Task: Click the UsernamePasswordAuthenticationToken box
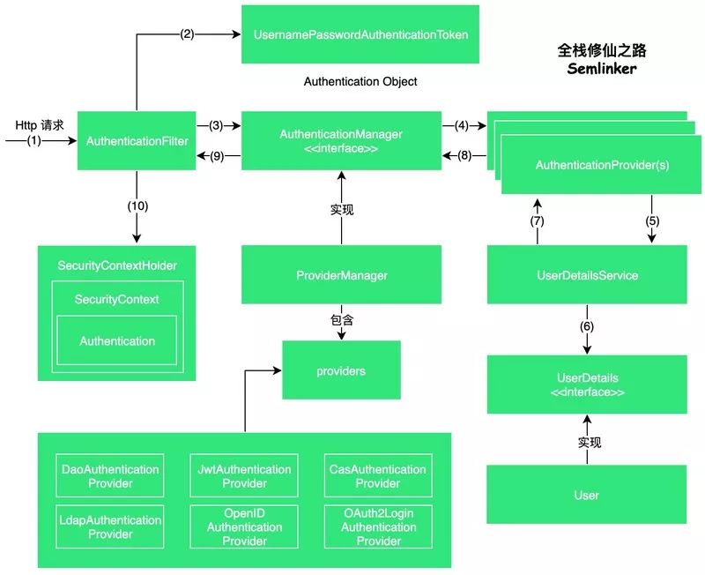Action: [360, 34]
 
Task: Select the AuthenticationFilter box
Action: [137, 141]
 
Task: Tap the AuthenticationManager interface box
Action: [341, 141]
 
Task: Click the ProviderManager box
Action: [341, 276]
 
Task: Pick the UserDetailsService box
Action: [587, 276]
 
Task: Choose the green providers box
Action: [341, 371]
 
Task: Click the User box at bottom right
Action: [587, 495]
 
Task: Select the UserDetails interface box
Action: [587, 385]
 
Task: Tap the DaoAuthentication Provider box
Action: [109, 476]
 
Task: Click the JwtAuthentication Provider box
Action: [244, 476]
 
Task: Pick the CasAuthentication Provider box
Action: [378, 476]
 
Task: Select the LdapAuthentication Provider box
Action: [109, 526]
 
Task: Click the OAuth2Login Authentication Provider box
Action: [378, 526]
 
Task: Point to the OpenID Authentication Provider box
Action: [244, 526]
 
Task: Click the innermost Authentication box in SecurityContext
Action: [117, 340]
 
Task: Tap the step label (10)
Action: [137, 206]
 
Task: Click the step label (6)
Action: [587, 325]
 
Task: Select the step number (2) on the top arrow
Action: [187, 34]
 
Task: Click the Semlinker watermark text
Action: [601, 68]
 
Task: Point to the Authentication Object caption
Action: [360, 81]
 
